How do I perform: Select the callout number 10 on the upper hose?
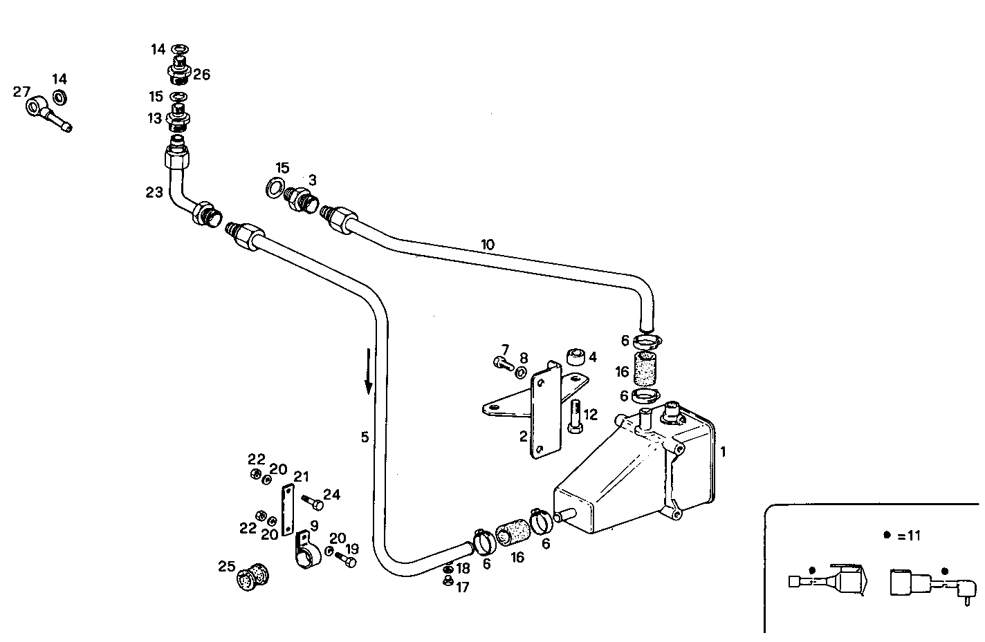coord(488,244)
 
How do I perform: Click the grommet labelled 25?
coord(252,578)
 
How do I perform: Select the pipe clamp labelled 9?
coord(306,550)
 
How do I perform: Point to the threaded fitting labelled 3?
coord(302,199)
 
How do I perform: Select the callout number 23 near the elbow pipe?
coord(154,192)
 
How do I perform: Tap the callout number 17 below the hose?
coord(461,587)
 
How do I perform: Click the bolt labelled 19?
coord(346,561)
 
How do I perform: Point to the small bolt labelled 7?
coord(502,361)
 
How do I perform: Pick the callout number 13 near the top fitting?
coord(154,118)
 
